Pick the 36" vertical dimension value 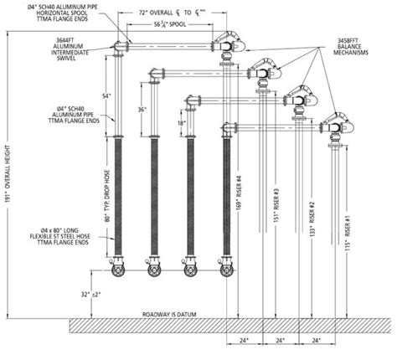(x=142, y=110)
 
